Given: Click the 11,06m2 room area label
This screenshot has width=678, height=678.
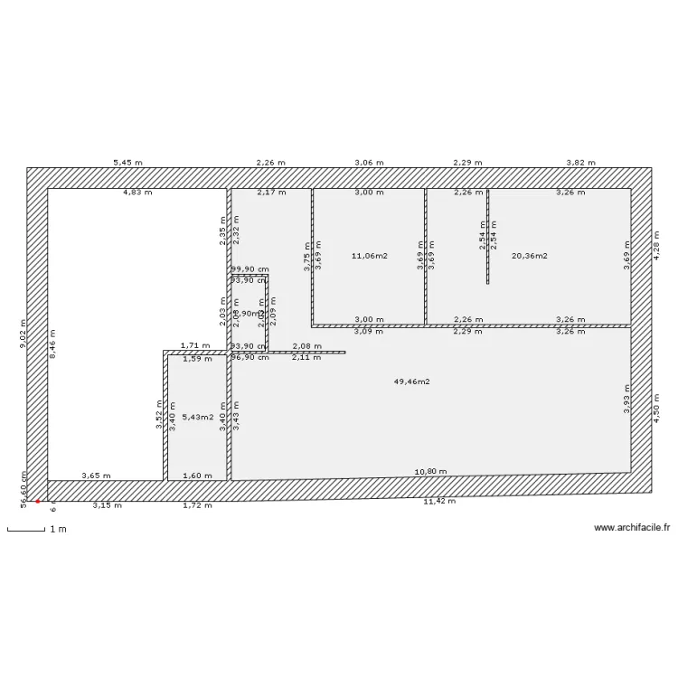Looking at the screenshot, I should pyautogui.click(x=369, y=256).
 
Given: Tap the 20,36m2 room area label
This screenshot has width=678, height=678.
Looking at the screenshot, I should pyautogui.click(x=530, y=256).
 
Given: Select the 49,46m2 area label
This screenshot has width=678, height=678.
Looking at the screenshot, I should pyautogui.click(x=411, y=381).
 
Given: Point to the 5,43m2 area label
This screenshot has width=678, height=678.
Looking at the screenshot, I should pyautogui.click(x=197, y=417).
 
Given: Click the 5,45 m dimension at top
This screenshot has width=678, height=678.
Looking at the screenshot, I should pyautogui.click(x=127, y=163).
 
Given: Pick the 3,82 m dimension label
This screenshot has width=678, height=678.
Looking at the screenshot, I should pyautogui.click(x=580, y=163).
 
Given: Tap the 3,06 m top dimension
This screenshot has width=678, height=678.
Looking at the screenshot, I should pyautogui.click(x=369, y=163).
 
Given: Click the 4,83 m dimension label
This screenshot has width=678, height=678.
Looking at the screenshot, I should pyautogui.click(x=137, y=193).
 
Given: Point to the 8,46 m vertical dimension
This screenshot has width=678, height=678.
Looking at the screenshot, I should pyautogui.click(x=52, y=344).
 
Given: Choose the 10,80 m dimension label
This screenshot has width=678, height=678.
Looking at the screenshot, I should pyautogui.click(x=429, y=472).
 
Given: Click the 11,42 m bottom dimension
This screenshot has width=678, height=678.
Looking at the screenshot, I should pyautogui.click(x=439, y=501).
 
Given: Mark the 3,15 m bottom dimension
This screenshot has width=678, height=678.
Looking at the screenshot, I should pyautogui.click(x=107, y=505).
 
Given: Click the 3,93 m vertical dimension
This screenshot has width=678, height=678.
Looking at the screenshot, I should pyautogui.click(x=626, y=400).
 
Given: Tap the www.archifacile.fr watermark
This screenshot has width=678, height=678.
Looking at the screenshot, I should pyautogui.click(x=629, y=527).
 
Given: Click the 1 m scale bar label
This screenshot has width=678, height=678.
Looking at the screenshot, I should pyautogui.click(x=58, y=529).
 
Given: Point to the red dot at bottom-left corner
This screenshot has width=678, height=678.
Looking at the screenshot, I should pyautogui.click(x=38, y=501).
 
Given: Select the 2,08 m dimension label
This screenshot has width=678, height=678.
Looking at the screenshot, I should pyautogui.click(x=306, y=346).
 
